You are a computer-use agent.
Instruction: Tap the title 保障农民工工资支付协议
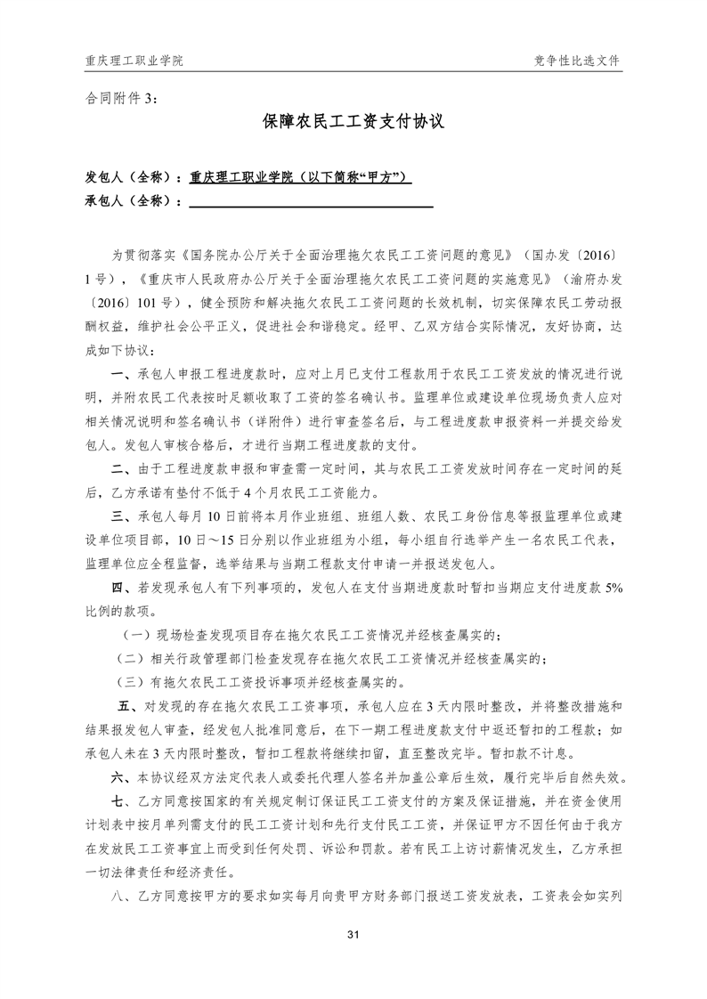pyautogui.click(x=353, y=123)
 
